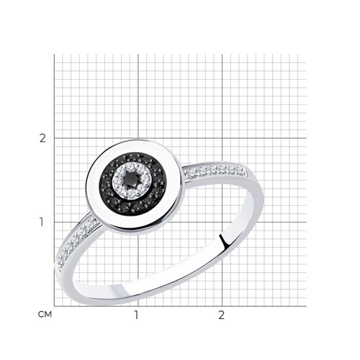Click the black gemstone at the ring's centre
(132, 179)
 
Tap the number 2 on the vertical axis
(42, 138)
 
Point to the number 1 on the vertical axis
(42, 222)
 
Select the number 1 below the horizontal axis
(136, 315)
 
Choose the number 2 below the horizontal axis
(221, 315)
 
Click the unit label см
(45, 315)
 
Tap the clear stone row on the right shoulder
(215, 171)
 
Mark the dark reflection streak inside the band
(223, 240)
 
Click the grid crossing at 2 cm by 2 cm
(222, 138)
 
